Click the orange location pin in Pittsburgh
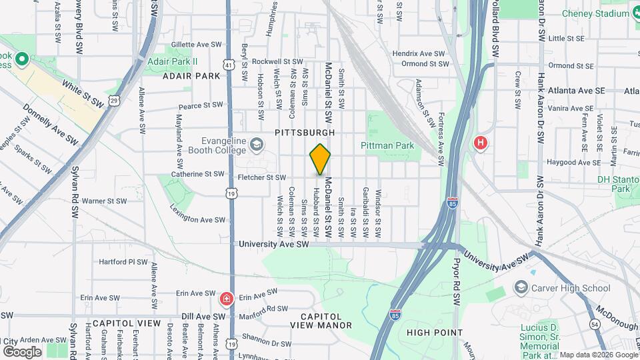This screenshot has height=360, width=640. coord(320,159)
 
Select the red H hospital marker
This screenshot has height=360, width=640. coord(480,143)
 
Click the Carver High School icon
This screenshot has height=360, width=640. coord(521,287)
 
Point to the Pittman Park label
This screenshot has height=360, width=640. coord(388,145)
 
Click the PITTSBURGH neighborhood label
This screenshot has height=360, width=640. coord(303,133)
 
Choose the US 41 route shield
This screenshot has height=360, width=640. coord(229,65)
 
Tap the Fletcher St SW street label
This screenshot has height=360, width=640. coord(262,177)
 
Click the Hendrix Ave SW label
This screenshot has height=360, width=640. coord(418,53)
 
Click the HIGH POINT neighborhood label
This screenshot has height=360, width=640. coord(434,332)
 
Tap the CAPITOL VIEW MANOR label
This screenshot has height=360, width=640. coord(321,321)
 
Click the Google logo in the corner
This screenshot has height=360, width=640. coord(22,351)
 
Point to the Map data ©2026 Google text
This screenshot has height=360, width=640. coord(598,355)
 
